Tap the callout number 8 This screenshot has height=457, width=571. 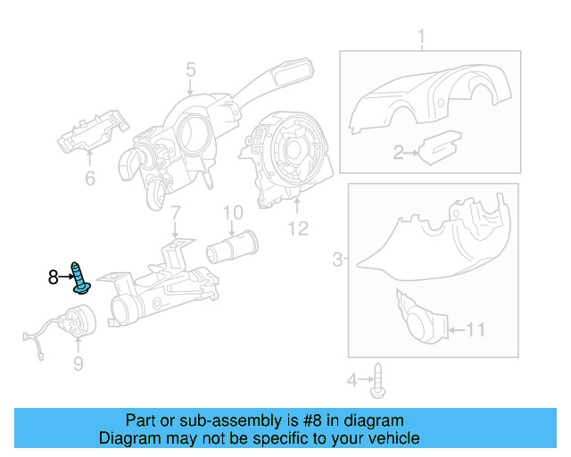point(54,278)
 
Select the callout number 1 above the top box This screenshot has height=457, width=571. point(421,37)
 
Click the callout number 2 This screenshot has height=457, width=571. point(400,154)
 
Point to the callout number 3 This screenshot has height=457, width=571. point(337,260)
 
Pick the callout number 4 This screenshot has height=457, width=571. point(352,381)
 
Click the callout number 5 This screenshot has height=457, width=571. point(191,69)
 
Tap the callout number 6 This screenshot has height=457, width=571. point(89,179)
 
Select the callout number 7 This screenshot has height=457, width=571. point(176,212)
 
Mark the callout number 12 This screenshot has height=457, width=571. point(297,228)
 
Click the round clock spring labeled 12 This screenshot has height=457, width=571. point(287,152)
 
